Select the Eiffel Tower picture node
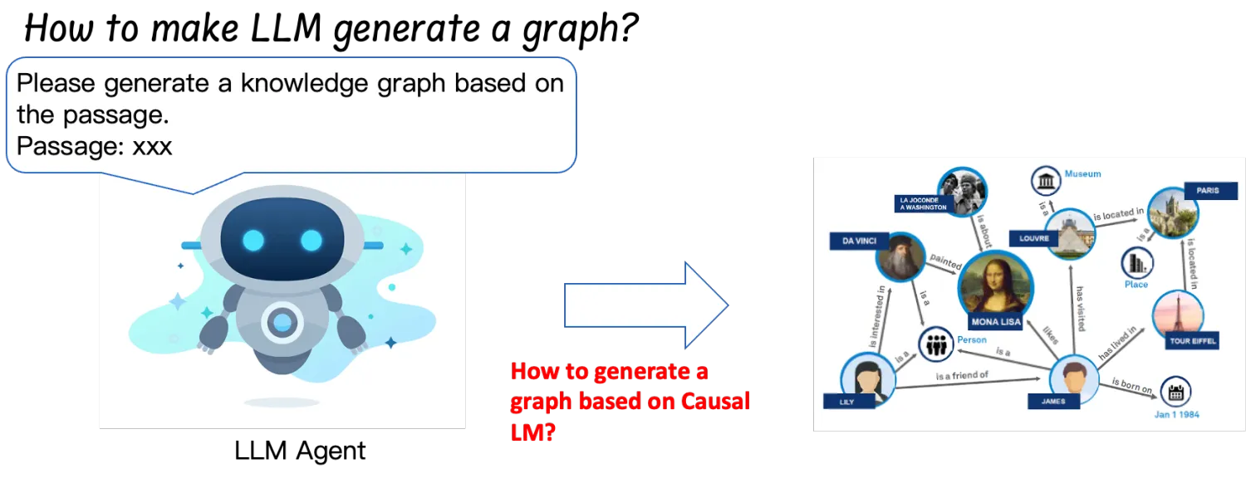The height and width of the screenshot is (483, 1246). tap(1178, 315)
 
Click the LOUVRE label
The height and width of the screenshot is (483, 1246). tap(1035, 239)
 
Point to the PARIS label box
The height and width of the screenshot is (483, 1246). tap(1207, 190)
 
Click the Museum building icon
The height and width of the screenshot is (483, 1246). tap(1046, 180)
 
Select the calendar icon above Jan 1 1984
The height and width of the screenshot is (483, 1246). tap(1175, 392)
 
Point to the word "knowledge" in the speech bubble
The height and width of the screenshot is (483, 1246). tap(272, 84)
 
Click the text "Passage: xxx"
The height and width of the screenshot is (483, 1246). tap(94, 147)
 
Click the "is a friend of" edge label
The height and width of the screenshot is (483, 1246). tap(962, 376)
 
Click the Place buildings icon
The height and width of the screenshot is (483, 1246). tap(1136, 264)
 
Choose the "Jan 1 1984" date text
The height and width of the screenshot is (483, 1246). tap(1177, 413)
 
